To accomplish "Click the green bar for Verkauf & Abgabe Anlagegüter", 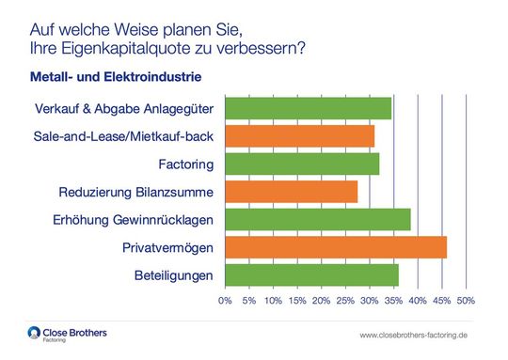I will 308,108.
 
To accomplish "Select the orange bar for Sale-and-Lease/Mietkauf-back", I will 299,136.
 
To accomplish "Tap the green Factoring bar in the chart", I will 302,164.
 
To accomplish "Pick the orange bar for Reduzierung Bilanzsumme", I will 291,192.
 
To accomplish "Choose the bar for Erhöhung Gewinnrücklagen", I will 317,220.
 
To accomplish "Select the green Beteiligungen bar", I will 311,275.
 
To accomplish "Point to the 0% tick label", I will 225,301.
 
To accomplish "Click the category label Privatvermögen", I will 167,248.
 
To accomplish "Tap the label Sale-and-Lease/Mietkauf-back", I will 122,137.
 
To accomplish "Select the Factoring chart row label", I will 187,164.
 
